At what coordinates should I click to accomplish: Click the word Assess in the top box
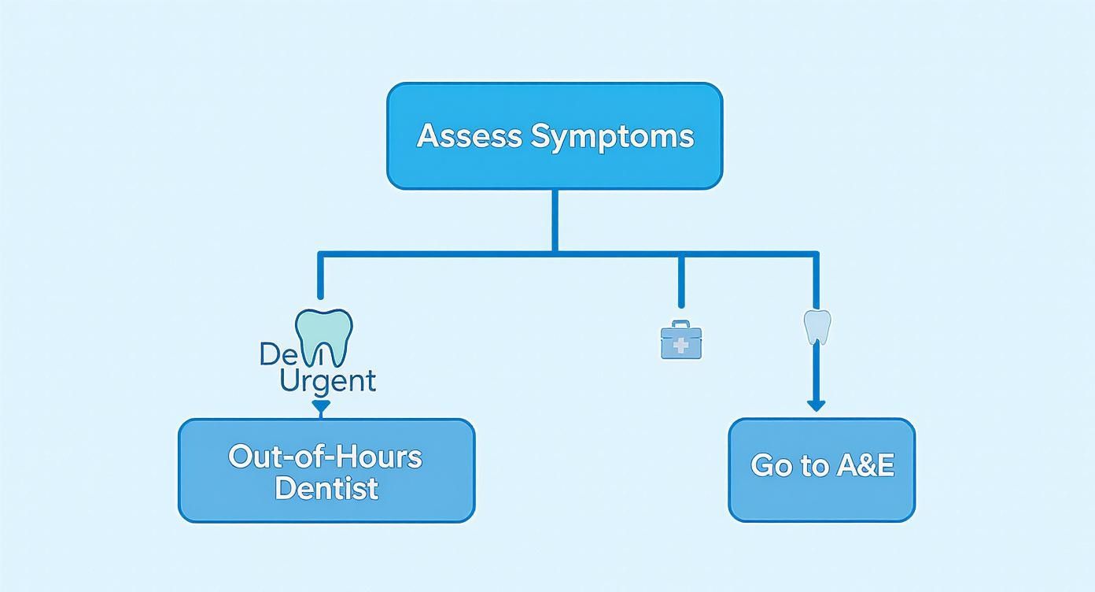(470, 136)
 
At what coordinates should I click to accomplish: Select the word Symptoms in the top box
(612, 136)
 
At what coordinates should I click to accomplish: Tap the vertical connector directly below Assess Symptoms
(555, 220)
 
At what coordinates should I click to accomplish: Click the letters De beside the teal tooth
(276, 354)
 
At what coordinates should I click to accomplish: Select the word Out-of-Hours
(325, 457)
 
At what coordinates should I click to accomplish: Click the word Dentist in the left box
(326, 488)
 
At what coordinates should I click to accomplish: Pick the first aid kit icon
(680, 340)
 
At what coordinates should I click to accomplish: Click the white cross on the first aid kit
(680, 346)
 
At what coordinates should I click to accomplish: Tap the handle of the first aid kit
(680, 324)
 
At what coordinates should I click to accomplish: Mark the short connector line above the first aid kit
(680, 282)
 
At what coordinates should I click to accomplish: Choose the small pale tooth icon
(817, 326)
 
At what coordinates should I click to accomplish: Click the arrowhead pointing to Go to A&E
(816, 405)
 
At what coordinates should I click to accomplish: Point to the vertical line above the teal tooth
(320, 276)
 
